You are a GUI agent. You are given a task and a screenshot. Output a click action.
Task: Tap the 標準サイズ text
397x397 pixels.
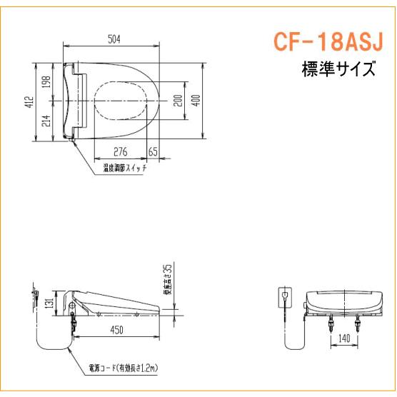pyautogui.click(x=337, y=70)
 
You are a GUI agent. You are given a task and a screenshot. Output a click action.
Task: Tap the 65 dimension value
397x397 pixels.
pyautogui.click(x=153, y=151)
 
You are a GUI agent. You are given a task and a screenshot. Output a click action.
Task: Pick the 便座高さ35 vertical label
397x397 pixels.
pyautogui.click(x=166, y=280)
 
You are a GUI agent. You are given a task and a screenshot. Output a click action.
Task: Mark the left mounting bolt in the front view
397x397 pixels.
pyautogui.click(x=330, y=326)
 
